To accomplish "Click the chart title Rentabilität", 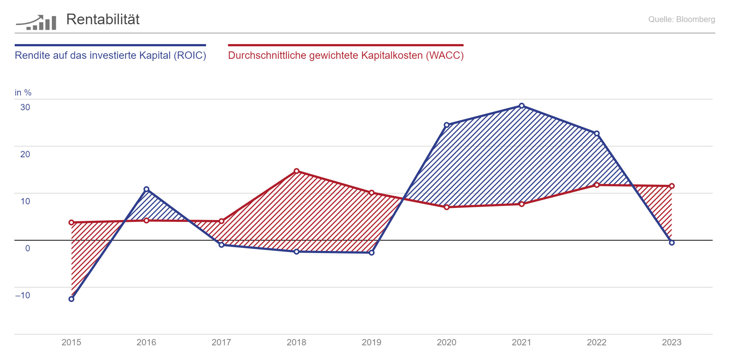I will (x=103, y=19).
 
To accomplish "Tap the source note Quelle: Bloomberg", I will (x=681, y=19).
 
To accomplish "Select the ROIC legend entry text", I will (x=110, y=55).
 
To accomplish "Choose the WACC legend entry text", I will (x=346, y=55).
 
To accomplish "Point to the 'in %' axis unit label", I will (x=23, y=93).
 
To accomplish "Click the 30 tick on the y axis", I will (x=25, y=107).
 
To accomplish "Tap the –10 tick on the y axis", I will (x=23, y=295).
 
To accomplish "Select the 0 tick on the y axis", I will (x=28, y=248).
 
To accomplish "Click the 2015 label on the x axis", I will (x=71, y=342).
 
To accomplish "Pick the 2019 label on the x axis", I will (x=371, y=342).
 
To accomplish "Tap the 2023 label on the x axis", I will (x=671, y=342).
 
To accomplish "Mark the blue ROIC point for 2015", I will (x=72, y=299).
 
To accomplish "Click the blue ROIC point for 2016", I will (x=147, y=190).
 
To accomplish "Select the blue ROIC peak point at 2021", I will (x=521, y=106).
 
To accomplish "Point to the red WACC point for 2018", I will (x=297, y=171).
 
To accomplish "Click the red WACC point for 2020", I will (x=447, y=207).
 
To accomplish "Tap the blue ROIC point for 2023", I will (x=672, y=243).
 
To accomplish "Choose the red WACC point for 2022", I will (x=597, y=185).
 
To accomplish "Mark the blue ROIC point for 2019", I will (x=372, y=253).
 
